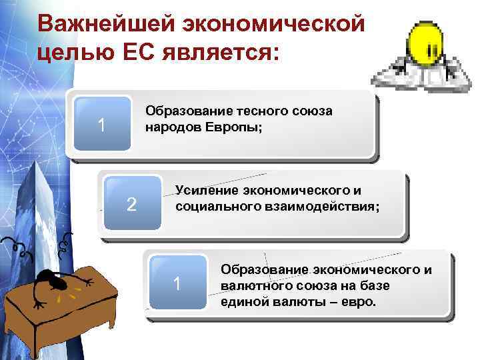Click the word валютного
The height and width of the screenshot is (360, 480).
254,285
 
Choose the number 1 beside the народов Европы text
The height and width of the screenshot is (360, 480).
101,125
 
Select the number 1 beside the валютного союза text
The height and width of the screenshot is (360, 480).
177,283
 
